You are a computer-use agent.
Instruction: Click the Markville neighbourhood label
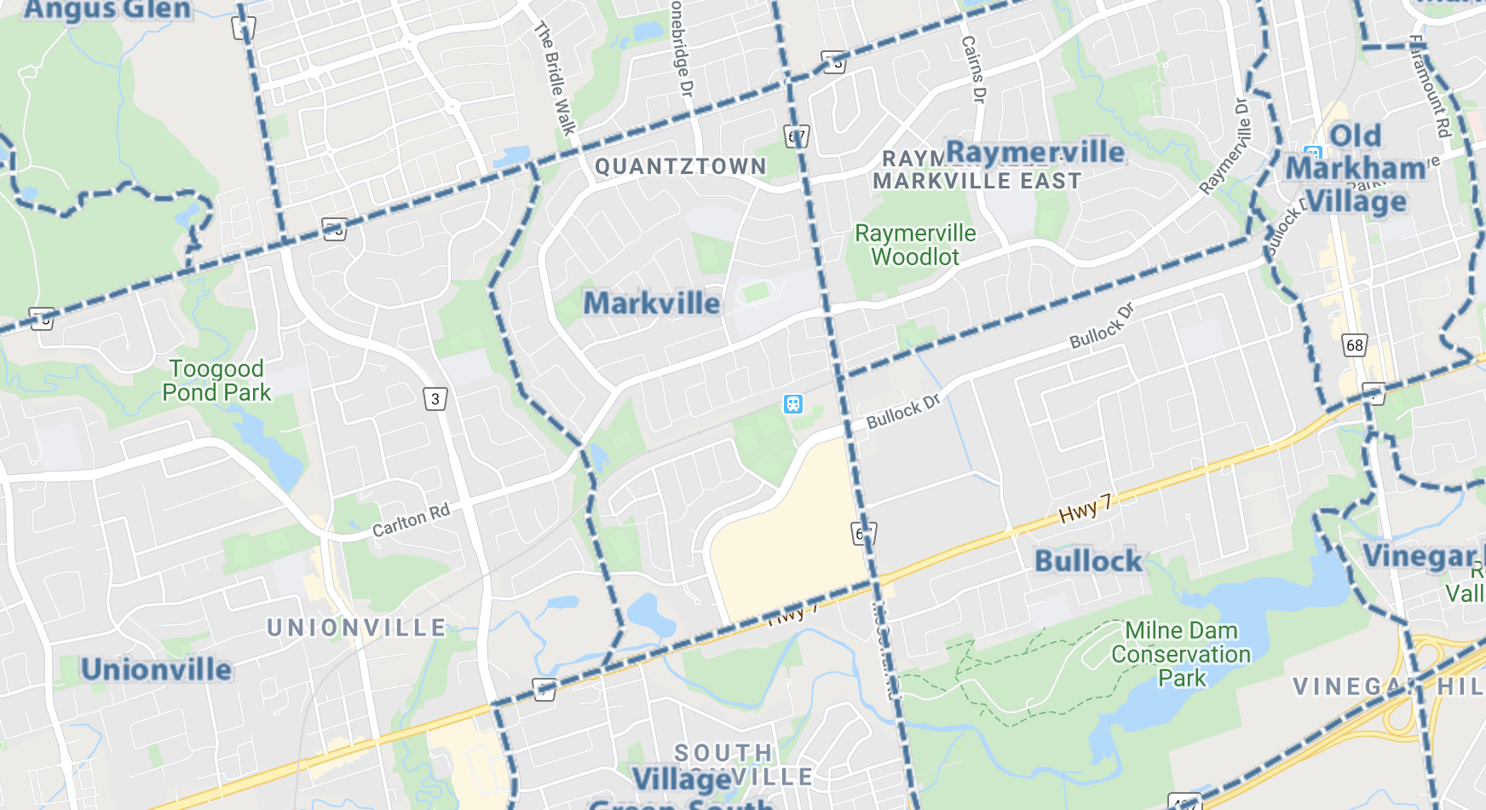click(x=652, y=304)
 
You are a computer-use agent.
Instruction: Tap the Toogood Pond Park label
click(x=216, y=381)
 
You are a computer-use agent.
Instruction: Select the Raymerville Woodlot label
click(x=915, y=246)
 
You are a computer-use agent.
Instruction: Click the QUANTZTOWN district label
click(x=680, y=166)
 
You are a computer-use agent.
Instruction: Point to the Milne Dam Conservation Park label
click(x=1181, y=654)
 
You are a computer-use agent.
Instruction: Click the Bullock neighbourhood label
click(x=1088, y=561)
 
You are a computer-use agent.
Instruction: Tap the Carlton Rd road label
click(x=411, y=520)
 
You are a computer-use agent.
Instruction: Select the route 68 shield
click(x=1354, y=345)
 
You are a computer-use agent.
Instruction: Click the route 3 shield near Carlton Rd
click(x=435, y=398)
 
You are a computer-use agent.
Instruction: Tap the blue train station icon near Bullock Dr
click(x=793, y=404)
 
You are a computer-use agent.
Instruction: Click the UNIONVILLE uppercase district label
click(x=356, y=628)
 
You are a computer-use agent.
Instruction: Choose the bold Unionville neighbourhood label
click(x=156, y=669)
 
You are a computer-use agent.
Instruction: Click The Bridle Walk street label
click(x=556, y=78)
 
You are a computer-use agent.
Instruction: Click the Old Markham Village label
click(x=1356, y=169)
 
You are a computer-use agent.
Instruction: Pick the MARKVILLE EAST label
click(x=976, y=181)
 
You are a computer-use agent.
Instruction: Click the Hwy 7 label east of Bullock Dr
click(x=1085, y=509)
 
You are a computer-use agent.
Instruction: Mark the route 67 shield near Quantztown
click(x=796, y=136)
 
